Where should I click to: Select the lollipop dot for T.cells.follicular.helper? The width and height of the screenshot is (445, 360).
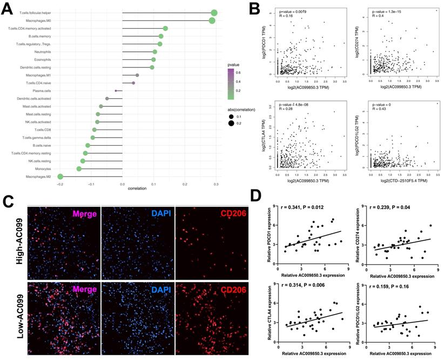(214, 13)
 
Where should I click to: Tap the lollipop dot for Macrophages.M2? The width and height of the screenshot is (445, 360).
(60, 176)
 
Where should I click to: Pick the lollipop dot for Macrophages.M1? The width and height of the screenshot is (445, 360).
(137, 75)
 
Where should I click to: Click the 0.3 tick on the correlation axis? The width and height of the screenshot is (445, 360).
(215, 184)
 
